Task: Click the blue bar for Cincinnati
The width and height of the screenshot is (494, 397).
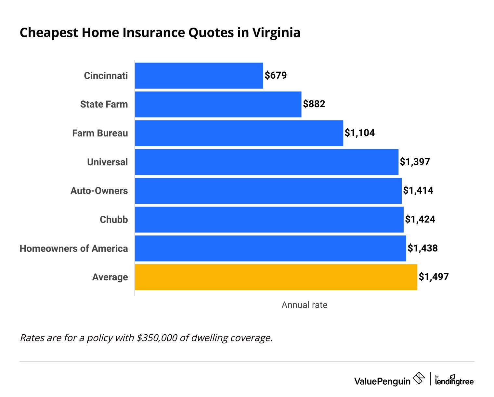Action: coord(199,75)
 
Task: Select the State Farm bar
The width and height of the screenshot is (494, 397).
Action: coord(218,104)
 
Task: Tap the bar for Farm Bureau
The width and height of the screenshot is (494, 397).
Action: coord(239,133)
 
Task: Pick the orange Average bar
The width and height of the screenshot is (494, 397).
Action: coord(276,277)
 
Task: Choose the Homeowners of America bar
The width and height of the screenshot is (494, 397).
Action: coord(270,249)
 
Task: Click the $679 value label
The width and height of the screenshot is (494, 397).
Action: coord(276,75)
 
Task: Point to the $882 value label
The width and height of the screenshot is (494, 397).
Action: coord(314,104)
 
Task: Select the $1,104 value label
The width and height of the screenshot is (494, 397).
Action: coord(359,133)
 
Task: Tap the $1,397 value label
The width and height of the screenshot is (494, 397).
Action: coord(415,162)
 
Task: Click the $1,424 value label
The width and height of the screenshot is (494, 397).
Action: coord(420,220)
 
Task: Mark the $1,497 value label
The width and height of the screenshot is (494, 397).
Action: coord(434,277)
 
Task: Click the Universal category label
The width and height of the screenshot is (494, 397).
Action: coord(107,162)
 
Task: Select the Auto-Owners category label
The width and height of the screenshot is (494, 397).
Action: coord(99,191)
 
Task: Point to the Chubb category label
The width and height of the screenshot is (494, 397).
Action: coord(114,220)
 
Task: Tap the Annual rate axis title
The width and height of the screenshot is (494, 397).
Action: coord(304,305)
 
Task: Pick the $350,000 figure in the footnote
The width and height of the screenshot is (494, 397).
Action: coord(157,338)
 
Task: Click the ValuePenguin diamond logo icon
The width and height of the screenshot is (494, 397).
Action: coord(419,378)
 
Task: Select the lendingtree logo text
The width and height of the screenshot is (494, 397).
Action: coord(454,381)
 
